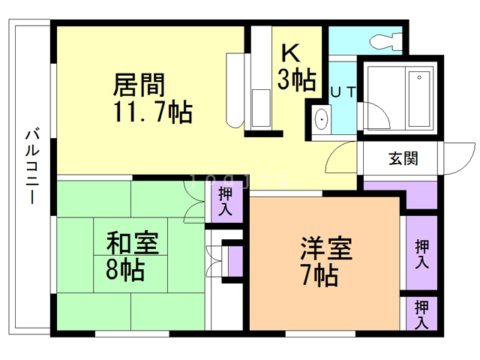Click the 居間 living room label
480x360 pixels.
click(x=139, y=82)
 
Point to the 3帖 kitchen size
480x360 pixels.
click(x=296, y=79)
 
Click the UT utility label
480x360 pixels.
click(x=343, y=91)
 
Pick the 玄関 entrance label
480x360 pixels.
click(x=403, y=158)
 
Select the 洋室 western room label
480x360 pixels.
click(x=326, y=248)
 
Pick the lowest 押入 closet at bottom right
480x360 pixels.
click(x=421, y=313)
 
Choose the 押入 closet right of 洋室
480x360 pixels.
click(x=421, y=253)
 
